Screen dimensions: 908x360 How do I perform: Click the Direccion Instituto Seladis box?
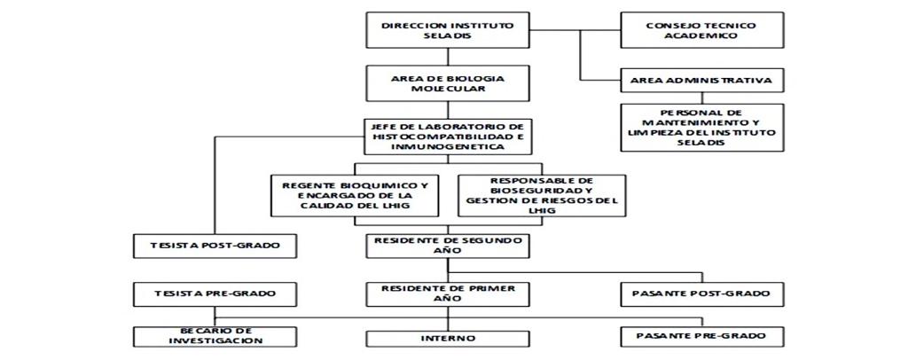(x=448, y=30)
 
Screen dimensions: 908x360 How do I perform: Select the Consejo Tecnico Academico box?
(x=702, y=30)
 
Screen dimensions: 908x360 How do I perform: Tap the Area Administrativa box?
(x=702, y=81)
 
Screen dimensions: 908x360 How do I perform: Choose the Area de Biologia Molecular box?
(x=448, y=83)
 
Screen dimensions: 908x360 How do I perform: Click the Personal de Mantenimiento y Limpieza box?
(x=702, y=128)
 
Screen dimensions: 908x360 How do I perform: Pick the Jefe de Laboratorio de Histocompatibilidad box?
(x=448, y=137)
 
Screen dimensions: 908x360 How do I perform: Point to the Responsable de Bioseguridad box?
(x=542, y=196)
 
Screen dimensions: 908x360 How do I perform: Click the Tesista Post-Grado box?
(x=215, y=246)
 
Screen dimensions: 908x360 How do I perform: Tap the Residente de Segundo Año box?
(x=448, y=246)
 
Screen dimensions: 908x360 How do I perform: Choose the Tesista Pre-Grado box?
(x=215, y=294)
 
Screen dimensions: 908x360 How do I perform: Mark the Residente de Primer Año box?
(x=448, y=294)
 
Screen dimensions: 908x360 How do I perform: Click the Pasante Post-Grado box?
(x=702, y=294)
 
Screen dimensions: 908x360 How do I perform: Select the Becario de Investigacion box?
(x=215, y=337)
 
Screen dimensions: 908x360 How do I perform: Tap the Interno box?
(x=448, y=339)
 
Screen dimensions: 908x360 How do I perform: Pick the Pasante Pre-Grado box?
(x=702, y=337)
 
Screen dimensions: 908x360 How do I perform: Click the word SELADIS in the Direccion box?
(x=448, y=35)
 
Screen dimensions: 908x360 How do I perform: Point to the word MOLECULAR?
(x=448, y=90)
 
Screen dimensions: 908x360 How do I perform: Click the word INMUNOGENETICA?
(x=448, y=147)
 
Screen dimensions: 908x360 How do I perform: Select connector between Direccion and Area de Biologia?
(x=448, y=58)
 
